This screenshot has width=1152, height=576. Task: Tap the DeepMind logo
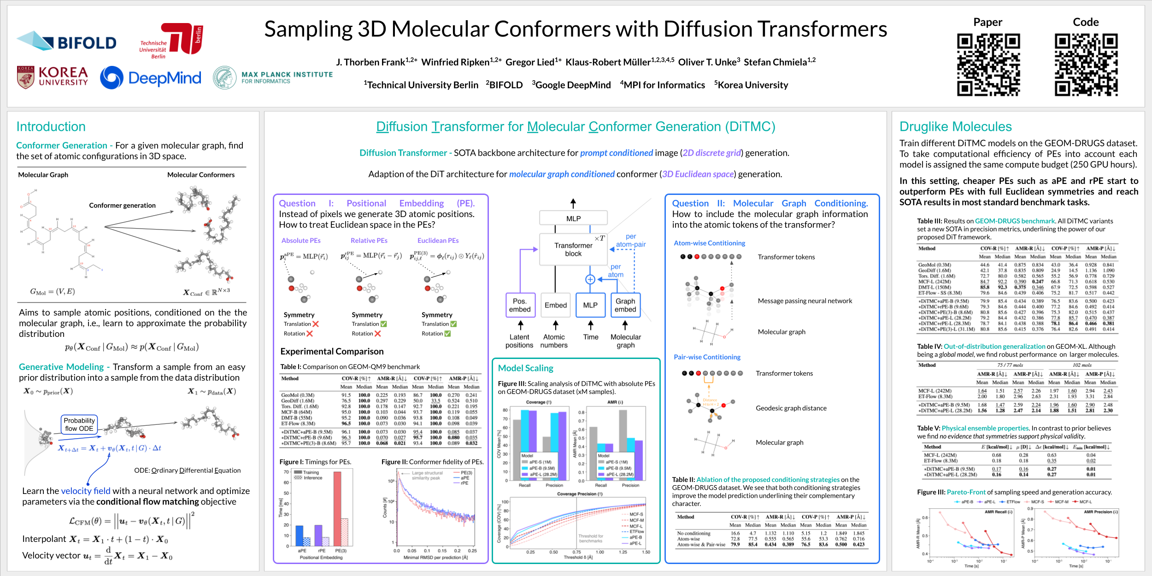[x=151, y=77]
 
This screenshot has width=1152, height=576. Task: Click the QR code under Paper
[x=988, y=65]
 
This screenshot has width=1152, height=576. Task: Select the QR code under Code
[x=1086, y=65]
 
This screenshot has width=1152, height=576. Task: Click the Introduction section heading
[x=51, y=127]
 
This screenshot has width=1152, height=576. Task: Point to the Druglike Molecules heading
[x=955, y=127]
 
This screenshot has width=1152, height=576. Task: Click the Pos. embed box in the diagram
[x=520, y=305]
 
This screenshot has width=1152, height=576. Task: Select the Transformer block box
[x=573, y=249]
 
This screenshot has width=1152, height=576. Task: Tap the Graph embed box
[x=625, y=305]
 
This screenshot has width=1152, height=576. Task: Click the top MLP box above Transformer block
[x=573, y=218]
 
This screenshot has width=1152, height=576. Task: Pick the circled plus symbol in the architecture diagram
[x=590, y=279]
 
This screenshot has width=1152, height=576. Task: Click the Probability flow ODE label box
[x=79, y=424]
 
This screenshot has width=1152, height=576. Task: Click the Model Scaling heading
[x=525, y=368]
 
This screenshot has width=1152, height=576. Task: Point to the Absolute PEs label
[x=301, y=241]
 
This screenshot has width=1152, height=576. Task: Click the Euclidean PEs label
[x=438, y=241]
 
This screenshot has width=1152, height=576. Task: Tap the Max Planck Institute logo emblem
[x=224, y=78]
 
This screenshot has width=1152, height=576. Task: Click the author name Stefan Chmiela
[x=779, y=62]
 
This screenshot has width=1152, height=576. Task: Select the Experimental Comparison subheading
[x=332, y=352]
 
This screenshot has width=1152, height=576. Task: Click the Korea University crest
[x=25, y=77]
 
